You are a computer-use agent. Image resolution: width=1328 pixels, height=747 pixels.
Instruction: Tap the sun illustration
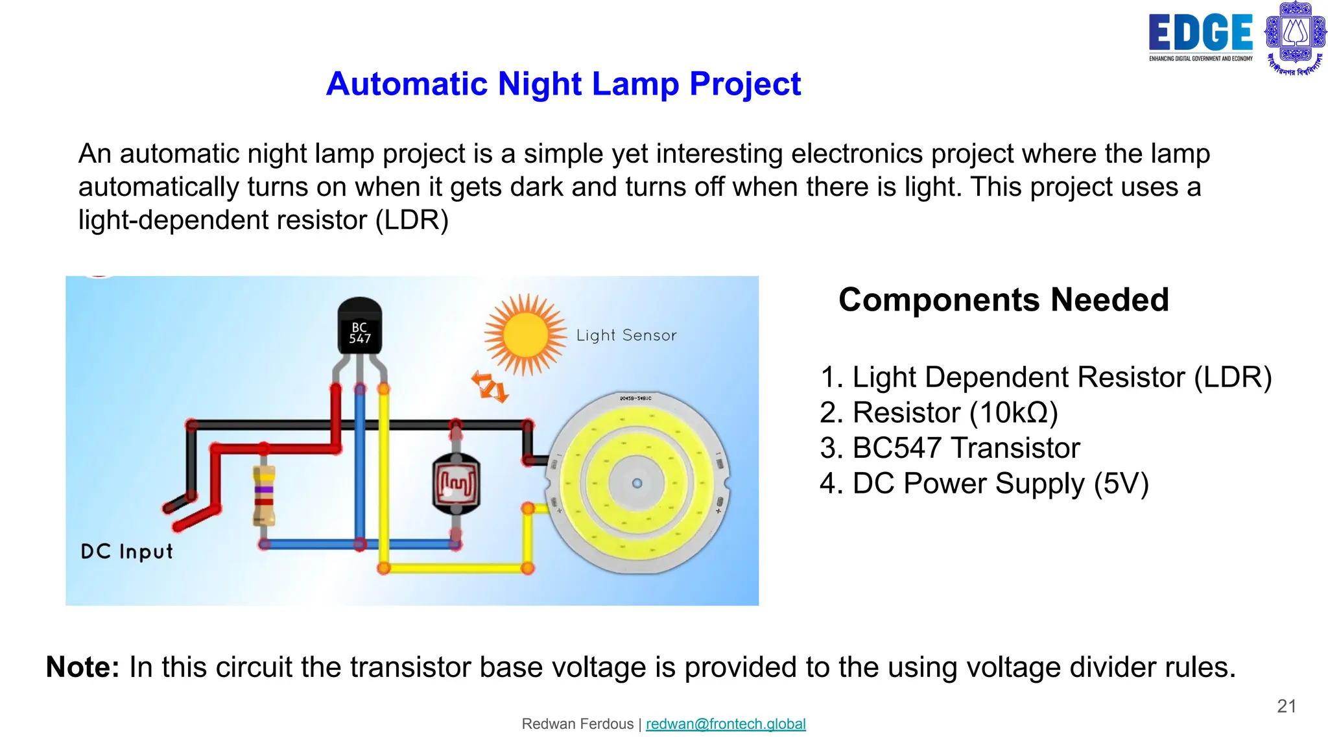coord(525,335)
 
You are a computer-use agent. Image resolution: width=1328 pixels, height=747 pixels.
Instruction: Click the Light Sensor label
coord(626,335)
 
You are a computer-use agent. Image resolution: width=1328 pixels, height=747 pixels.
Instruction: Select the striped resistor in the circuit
coord(264,495)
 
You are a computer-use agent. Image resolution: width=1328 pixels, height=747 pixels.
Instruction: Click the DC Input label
coord(127,552)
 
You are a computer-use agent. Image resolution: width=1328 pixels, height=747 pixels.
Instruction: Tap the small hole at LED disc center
coord(637,483)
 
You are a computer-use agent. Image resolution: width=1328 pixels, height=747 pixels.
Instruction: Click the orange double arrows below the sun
coord(490,386)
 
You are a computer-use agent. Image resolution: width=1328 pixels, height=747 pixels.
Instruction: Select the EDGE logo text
coord(1200,33)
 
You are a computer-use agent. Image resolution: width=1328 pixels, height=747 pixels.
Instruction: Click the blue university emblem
coord(1295,37)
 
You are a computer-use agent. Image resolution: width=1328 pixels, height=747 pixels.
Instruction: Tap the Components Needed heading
coord(1003,300)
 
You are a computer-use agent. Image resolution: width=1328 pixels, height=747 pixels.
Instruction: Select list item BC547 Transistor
coord(950,448)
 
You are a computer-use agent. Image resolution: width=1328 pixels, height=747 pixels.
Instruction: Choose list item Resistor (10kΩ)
coord(939,413)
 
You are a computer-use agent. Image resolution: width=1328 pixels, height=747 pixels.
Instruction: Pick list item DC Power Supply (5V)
coord(984,484)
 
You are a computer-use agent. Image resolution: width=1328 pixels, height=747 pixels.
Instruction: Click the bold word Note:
coord(83,667)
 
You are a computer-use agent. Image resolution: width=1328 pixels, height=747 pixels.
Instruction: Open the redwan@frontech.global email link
coord(726,724)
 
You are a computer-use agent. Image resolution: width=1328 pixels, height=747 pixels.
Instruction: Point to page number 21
coord(1286,706)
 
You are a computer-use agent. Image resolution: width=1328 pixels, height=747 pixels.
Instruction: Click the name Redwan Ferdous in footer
coord(578,724)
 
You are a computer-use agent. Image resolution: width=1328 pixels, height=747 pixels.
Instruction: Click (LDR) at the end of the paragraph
coord(412,220)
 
